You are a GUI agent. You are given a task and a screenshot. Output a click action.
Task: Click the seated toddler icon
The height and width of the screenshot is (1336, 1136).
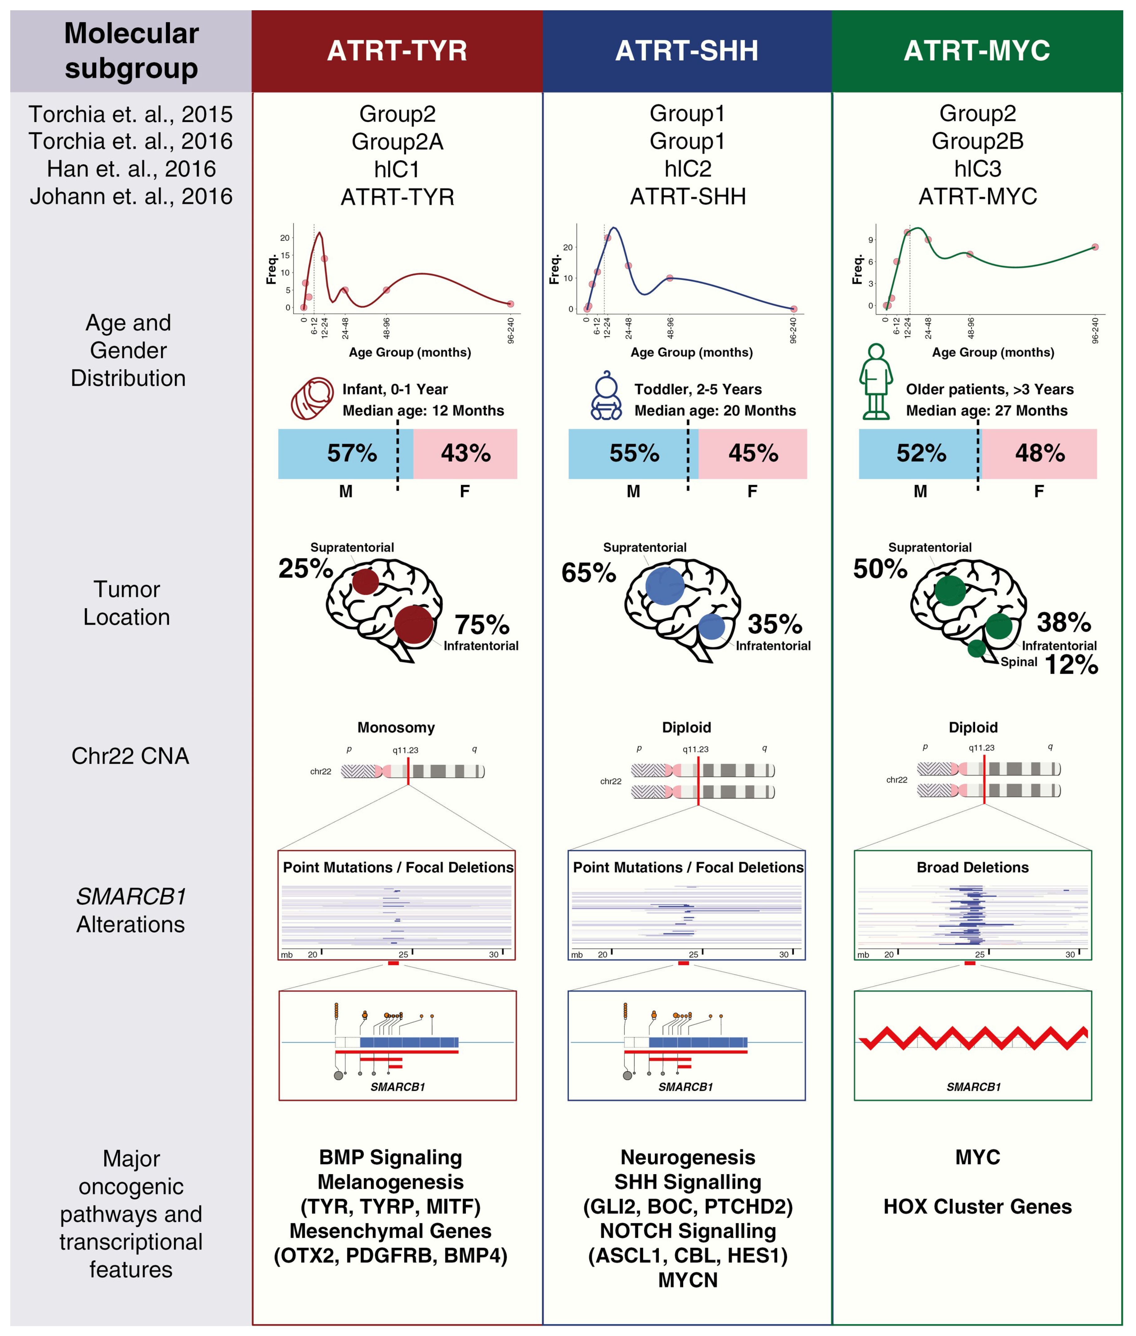click(606, 396)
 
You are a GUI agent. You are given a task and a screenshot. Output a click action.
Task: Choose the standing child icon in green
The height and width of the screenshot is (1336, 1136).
click(876, 382)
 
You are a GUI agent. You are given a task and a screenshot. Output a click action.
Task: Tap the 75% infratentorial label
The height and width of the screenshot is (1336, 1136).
click(482, 625)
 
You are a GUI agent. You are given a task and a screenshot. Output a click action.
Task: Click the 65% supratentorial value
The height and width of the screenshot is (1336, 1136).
click(589, 572)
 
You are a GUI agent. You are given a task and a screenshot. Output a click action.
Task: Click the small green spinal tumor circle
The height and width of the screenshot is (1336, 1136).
click(976, 648)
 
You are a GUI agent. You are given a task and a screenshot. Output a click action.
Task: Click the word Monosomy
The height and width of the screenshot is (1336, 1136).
click(396, 728)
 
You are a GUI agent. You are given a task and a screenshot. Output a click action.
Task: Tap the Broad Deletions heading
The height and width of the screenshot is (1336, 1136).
click(972, 867)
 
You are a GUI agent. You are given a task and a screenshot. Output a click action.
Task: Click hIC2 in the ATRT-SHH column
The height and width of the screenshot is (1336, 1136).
click(688, 169)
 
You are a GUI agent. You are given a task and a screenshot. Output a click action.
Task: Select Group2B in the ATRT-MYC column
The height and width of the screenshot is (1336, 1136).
click(977, 141)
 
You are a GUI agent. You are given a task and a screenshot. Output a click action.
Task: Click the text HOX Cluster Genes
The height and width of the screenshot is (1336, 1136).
click(977, 1207)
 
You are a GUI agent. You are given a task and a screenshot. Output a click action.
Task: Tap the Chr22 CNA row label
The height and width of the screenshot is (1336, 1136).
click(130, 756)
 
